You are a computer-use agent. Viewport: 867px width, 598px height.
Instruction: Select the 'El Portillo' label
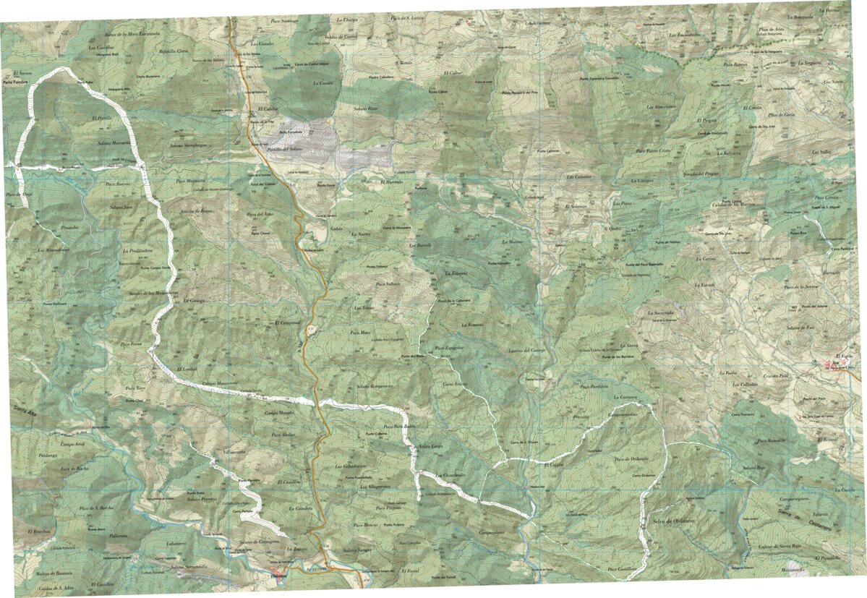coord(102,117)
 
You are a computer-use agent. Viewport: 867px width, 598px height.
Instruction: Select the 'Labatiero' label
coord(177,543)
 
